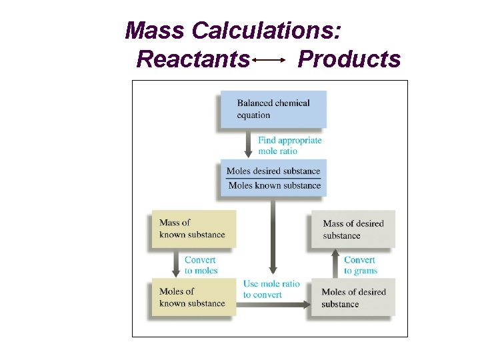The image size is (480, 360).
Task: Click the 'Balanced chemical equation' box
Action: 272,109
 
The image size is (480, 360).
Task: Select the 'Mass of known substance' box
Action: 194,229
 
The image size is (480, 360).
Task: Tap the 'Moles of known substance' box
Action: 194,297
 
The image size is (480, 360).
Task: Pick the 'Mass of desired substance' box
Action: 353,229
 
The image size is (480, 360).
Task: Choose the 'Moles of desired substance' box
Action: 353,298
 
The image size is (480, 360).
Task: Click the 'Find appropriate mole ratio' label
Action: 289,145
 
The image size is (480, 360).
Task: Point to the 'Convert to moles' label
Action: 201,265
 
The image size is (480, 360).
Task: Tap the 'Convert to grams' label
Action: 360,265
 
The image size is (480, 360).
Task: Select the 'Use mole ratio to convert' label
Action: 271,289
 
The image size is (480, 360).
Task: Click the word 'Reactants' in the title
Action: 193,59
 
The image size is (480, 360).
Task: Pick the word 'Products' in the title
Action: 349,59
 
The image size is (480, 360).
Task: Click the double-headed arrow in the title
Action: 269,60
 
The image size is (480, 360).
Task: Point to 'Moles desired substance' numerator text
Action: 273,171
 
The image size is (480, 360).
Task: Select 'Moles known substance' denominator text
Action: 274,185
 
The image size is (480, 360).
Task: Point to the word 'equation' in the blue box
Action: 253,115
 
